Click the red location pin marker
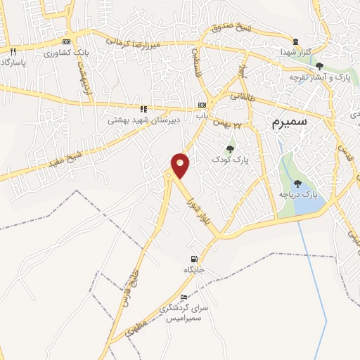181,165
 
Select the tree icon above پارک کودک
230,149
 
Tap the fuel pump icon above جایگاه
193,259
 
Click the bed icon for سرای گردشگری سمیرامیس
184,297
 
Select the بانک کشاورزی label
63,53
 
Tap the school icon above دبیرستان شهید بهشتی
143,109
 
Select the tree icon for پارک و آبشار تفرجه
319,66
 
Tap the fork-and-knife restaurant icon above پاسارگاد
12,51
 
